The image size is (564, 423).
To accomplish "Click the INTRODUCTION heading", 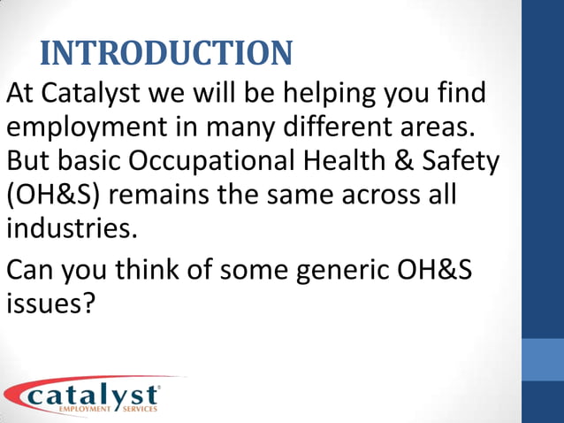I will pyautogui.click(x=166, y=53).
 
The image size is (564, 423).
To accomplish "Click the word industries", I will pyautogui.click(x=72, y=227).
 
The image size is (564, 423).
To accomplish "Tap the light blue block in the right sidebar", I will pyautogui.click(x=543, y=359).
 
